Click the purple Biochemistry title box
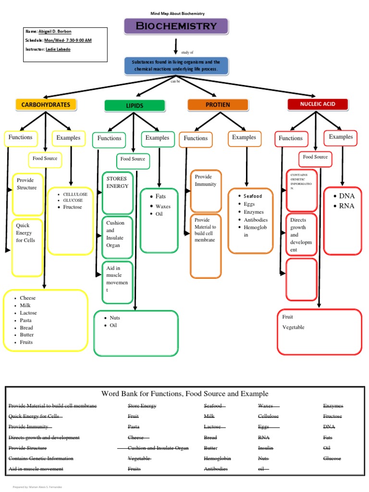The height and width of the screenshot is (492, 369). tap(176, 26)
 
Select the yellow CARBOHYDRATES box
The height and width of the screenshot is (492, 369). tap(46, 105)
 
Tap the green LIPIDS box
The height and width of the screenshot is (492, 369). tap(135, 106)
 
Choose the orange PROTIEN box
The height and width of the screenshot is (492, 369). tap(218, 105)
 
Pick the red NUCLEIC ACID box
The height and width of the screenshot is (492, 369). tap(318, 104)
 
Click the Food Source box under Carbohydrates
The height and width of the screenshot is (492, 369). tap(45, 158)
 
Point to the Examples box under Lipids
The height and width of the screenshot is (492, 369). tap(158, 138)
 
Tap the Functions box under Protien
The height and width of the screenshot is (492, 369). tap(196, 138)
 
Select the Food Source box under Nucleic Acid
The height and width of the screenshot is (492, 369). tap(315, 157)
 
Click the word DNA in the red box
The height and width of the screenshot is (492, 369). tap(346, 196)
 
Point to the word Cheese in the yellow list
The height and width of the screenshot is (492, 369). tap(28, 298)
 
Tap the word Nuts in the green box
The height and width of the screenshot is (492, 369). tap(115, 318)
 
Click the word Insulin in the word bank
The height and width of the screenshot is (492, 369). tap(266, 448)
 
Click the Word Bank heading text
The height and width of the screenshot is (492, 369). tap(185, 394)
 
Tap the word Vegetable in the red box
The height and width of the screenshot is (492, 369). tap(293, 327)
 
